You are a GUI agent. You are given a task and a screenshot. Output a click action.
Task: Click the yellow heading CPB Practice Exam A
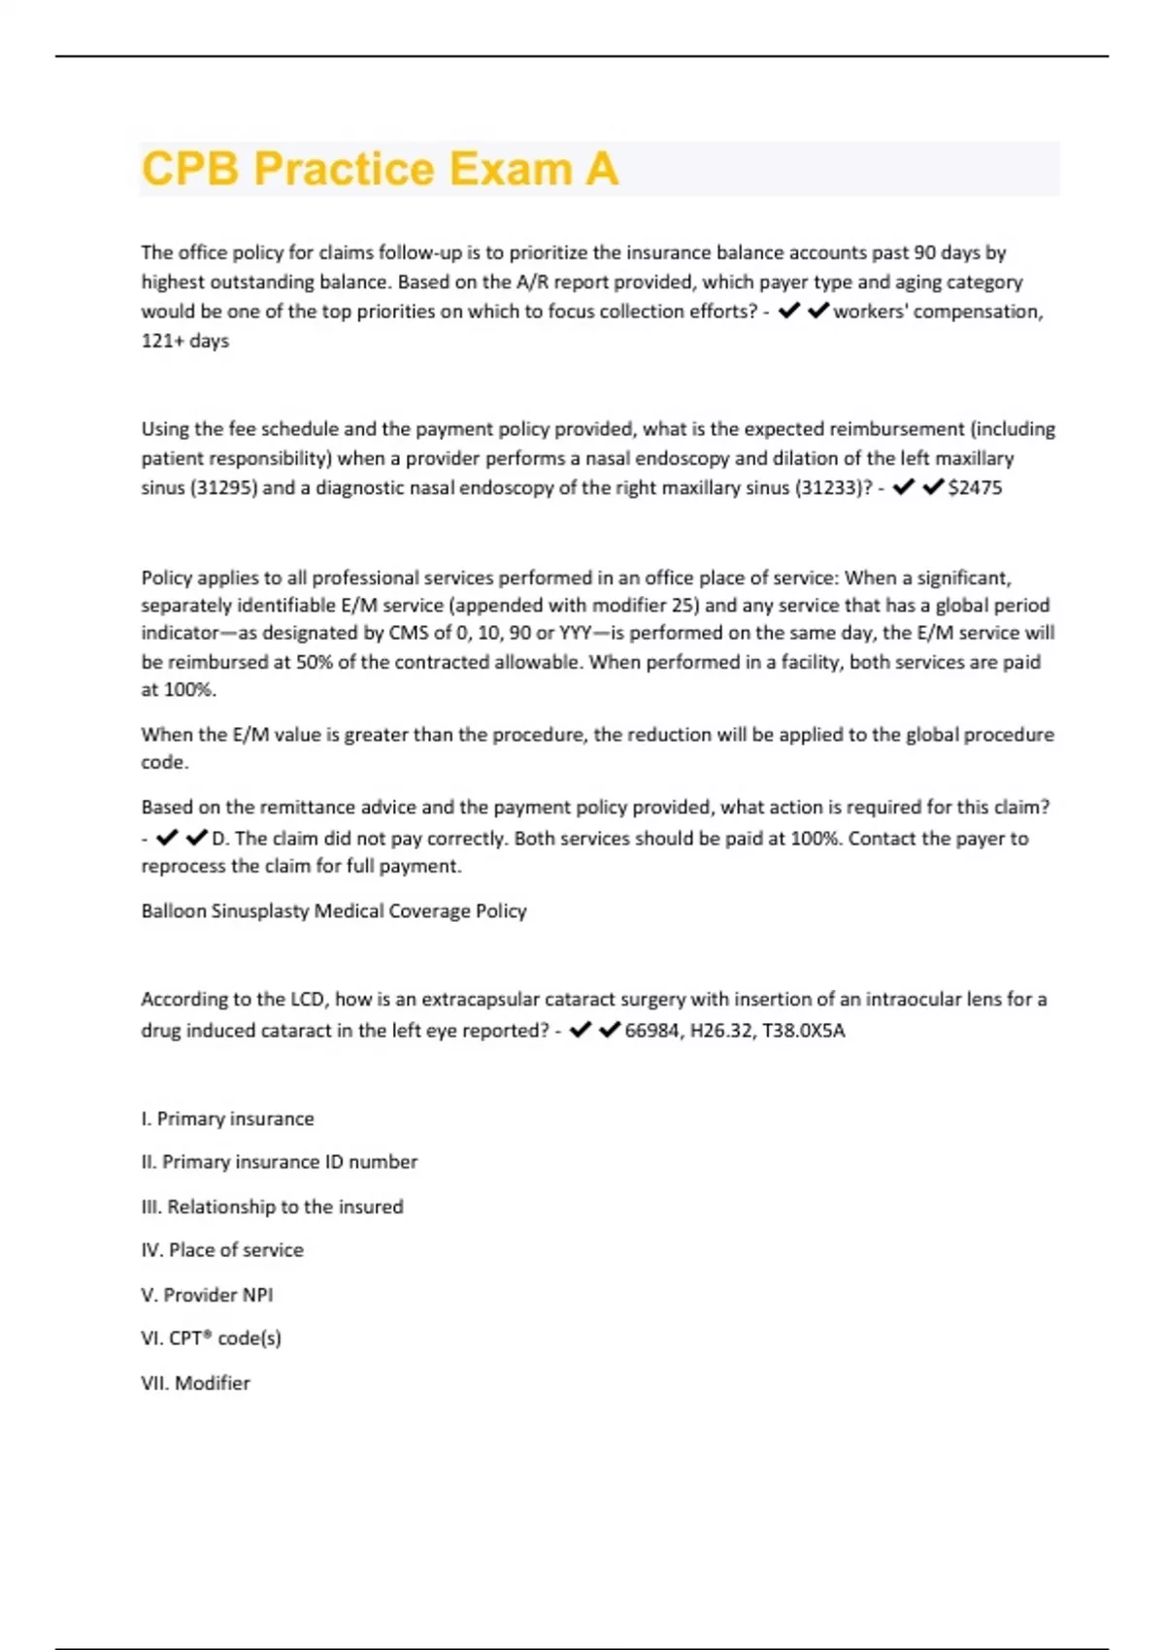point(380,169)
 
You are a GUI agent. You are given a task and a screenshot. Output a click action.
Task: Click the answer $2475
point(975,487)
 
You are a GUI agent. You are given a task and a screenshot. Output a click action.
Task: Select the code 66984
point(651,1030)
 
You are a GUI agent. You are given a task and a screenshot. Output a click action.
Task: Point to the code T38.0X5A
point(804,1030)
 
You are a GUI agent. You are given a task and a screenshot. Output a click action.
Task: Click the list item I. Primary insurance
point(227,1118)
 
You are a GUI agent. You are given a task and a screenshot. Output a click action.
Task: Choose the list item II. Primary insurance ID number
point(279,1162)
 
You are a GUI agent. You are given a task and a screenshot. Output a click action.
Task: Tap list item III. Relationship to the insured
point(272,1206)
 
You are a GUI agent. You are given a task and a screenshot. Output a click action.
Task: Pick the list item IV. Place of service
point(221,1250)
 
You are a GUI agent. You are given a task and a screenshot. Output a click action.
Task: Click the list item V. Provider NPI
point(207,1295)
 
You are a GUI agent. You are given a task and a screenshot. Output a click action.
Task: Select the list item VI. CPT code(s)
point(211,1338)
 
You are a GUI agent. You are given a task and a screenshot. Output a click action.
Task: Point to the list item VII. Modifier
point(195,1383)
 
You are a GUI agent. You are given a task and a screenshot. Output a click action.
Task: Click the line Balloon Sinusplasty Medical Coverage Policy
point(334,910)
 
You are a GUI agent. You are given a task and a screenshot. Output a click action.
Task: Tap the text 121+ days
point(184,341)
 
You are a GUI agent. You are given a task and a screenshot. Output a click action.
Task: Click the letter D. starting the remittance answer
point(219,838)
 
